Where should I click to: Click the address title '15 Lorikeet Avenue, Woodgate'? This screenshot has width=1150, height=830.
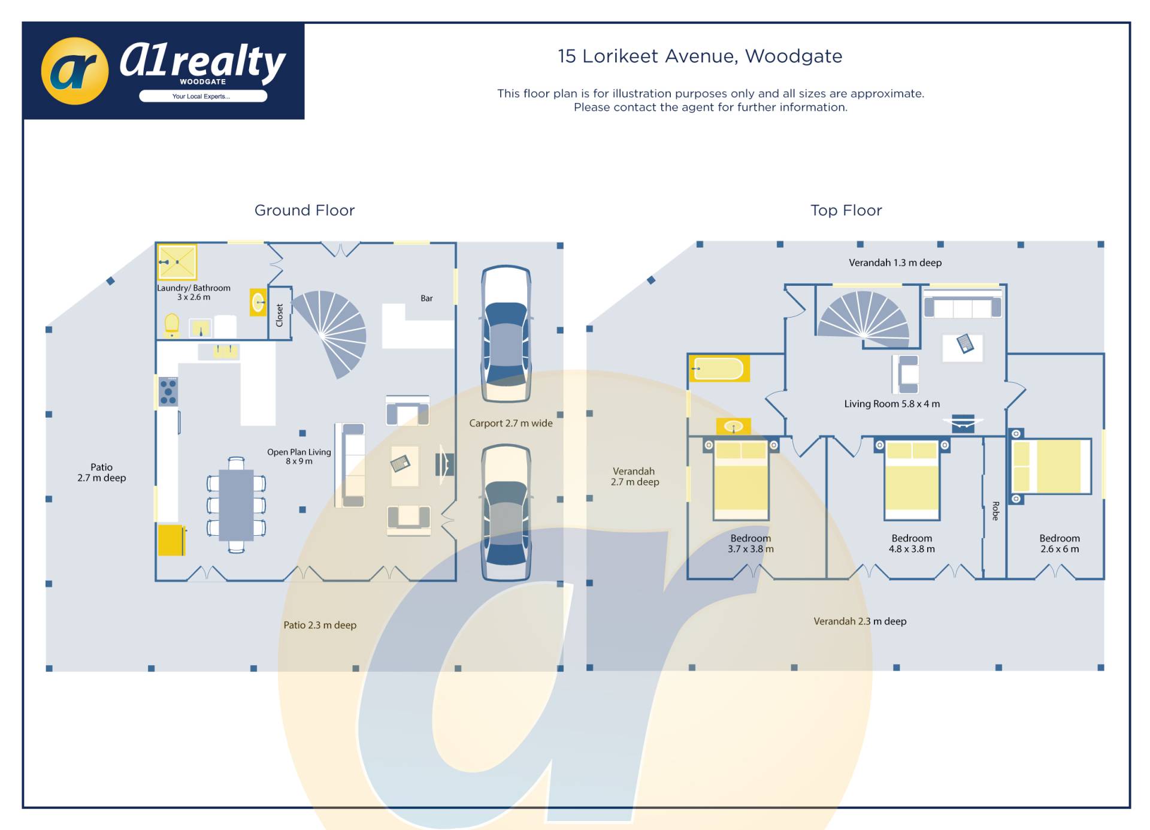tap(700, 56)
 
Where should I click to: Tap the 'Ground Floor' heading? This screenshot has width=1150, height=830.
tap(304, 210)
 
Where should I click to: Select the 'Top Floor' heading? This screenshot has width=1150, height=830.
tap(846, 210)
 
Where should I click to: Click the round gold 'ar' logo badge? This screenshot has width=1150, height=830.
tap(75, 71)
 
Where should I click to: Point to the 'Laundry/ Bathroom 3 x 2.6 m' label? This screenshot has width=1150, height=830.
tap(193, 292)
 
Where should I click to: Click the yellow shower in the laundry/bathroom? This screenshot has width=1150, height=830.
tap(177, 262)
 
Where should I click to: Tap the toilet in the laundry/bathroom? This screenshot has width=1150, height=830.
tap(172, 325)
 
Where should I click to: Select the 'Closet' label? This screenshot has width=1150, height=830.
tap(279, 315)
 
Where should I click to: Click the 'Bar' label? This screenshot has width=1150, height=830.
tap(426, 298)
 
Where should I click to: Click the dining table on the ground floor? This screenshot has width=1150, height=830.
tap(236, 505)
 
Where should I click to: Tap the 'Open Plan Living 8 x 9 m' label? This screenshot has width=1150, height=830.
tap(299, 457)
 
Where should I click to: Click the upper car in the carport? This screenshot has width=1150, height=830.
tap(506, 334)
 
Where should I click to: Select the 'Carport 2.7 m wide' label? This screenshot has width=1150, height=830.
tap(510, 423)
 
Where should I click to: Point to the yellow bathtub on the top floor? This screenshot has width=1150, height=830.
tap(719, 369)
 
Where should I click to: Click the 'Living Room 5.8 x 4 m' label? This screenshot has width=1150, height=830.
tap(892, 404)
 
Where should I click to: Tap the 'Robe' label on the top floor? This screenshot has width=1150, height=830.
tap(995, 511)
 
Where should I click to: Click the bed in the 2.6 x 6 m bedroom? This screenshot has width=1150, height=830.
tap(1051, 466)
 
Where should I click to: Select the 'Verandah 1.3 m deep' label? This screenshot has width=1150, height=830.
tap(895, 262)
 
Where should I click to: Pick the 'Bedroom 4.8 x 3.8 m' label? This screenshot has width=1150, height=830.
tap(912, 544)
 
